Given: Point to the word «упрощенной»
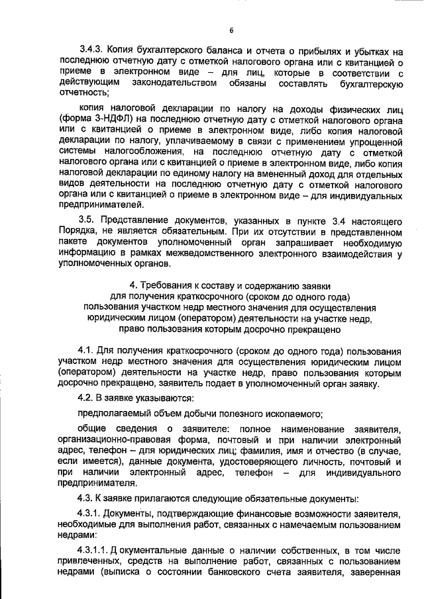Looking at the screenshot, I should tap(376, 142).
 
